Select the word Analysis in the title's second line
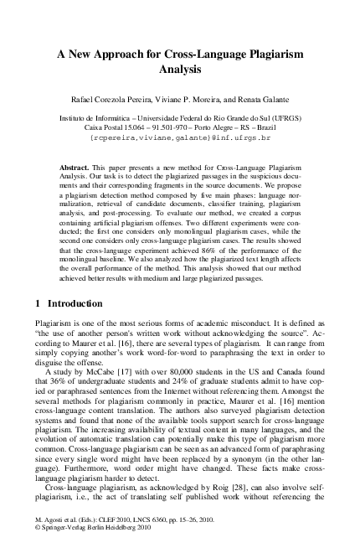tap(180, 68)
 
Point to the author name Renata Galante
tap(263, 101)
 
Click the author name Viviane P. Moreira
tap(192, 101)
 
